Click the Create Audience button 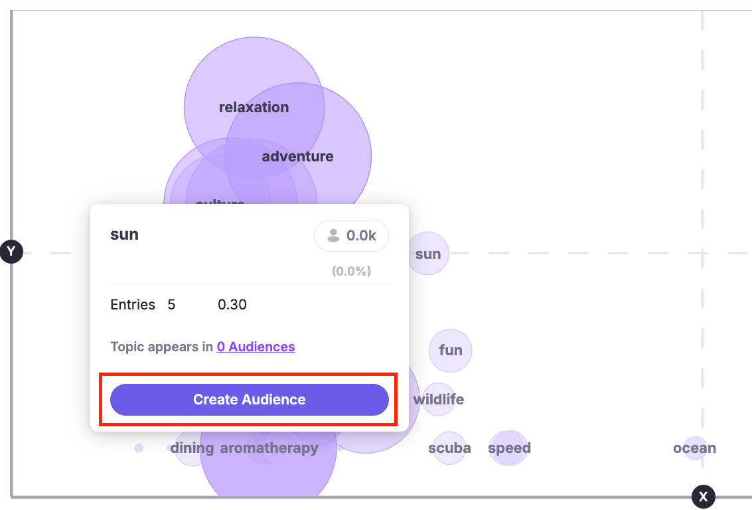(249, 400)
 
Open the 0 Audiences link (256, 347)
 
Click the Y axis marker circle (11, 252)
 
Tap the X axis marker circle (704, 496)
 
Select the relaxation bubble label (254, 108)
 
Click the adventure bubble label (297, 157)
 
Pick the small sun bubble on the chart (428, 254)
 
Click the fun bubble (451, 350)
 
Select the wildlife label (439, 400)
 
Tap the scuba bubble (449, 448)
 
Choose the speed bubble (509, 448)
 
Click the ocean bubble (694, 448)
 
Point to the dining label (192, 448)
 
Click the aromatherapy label (269, 448)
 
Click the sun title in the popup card (124, 234)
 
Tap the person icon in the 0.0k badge (333, 236)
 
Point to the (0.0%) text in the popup (351, 271)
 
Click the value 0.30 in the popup (232, 305)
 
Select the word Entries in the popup (133, 305)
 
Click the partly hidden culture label (220, 202)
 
